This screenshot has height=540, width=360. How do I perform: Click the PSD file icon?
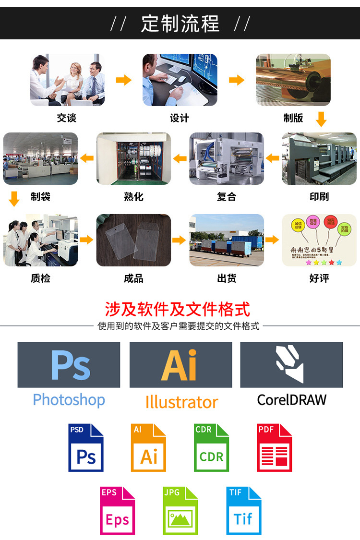[x=86, y=447]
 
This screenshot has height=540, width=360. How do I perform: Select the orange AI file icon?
[x=148, y=447]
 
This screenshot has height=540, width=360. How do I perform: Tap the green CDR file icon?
[x=211, y=447]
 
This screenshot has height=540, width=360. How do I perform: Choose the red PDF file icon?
[x=274, y=447]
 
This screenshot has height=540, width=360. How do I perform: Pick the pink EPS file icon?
[x=117, y=510]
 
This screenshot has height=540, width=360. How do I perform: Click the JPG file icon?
[x=180, y=510]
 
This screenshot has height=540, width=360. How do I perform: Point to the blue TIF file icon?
[x=243, y=510]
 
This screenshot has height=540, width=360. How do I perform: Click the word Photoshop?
[x=69, y=399]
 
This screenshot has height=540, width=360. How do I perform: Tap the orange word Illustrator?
[x=181, y=402]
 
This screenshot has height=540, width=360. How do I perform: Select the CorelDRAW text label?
[x=291, y=399]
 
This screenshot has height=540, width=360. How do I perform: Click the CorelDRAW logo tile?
[x=291, y=364]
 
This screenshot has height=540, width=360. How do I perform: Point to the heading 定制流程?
[x=180, y=24]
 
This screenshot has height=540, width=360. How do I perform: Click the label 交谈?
[x=66, y=118]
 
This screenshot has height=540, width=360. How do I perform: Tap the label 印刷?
[x=319, y=196]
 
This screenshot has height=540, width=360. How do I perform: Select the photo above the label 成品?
[x=133, y=240]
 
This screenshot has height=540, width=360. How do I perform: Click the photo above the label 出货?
[x=227, y=240]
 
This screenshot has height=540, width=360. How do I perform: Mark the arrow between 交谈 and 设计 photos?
[x=123, y=80]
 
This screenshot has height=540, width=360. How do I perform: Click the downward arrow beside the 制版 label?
[x=321, y=119]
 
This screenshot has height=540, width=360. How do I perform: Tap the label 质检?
[x=40, y=278]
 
